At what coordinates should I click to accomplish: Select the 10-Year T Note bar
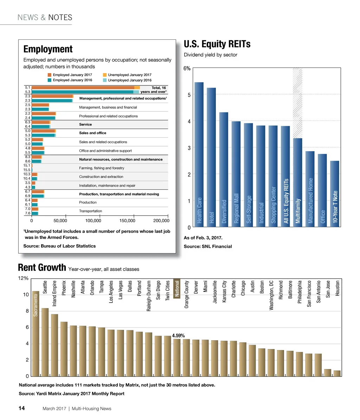click(x=335, y=193)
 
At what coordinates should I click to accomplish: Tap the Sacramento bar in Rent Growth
click(x=36, y=334)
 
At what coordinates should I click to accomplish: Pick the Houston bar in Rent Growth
click(x=337, y=373)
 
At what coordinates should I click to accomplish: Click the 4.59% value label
click(x=178, y=336)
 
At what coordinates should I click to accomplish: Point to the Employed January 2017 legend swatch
click(x=50, y=75)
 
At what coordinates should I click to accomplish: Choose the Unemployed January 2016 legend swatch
click(x=105, y=80)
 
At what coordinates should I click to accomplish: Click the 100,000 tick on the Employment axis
click(x=93, y=221)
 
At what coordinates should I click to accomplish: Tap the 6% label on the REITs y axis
click(x=187, y=69)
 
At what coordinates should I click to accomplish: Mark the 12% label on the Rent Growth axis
click(x=24, y=278)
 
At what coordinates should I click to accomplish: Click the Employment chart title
click(x=48, y=49)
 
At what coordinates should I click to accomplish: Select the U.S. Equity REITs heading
click(x=217, y=44)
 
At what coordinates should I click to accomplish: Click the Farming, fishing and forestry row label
click(x=102, y=168)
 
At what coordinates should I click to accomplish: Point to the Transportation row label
click(x=90, y=211)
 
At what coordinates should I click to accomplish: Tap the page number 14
click(x=21, y=408)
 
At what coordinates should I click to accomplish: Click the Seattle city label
click(x=45, y=287)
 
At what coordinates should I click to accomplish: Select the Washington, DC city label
click(x=271, y=295)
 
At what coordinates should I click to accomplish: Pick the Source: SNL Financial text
click(x=208, y=246)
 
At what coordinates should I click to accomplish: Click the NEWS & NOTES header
click(x=45, y=18)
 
